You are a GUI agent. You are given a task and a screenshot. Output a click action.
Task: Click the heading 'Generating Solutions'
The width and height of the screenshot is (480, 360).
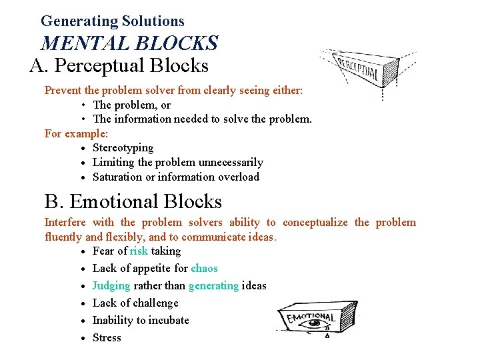[112, 21]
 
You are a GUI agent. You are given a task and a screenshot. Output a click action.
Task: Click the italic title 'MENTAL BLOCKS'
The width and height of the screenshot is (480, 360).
[129, 43]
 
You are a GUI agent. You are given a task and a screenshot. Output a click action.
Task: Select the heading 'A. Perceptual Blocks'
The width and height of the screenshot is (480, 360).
[119, 66]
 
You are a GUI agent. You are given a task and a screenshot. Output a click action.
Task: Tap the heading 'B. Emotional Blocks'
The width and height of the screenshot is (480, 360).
[133, 201]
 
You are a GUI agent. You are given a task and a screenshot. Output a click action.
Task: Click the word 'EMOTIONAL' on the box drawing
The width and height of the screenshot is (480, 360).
[311, 317]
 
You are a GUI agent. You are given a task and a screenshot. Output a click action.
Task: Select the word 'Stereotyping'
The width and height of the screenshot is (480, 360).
[123, 148]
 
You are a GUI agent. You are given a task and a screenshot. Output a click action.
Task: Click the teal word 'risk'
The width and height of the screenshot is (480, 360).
[139, 251]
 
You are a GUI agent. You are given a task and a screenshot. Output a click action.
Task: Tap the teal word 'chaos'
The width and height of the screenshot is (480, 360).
[204, 269]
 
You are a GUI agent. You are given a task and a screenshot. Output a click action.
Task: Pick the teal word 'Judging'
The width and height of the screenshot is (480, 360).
[111, 286]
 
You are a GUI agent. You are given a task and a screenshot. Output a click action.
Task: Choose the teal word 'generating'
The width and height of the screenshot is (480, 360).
[213, 286]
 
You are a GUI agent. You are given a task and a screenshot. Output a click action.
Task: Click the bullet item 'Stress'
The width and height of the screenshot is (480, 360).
[107, 338]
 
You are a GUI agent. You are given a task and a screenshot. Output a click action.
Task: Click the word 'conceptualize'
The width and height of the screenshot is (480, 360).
[315, 223]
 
